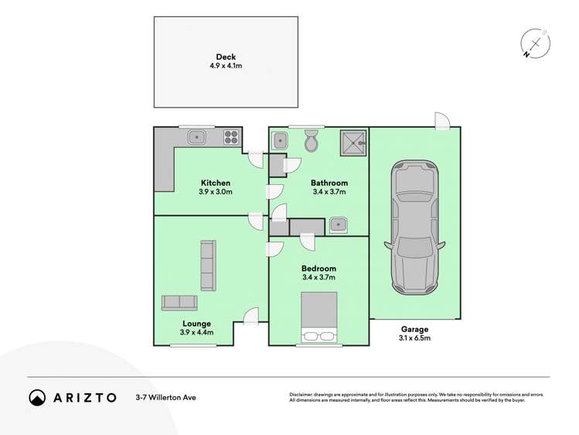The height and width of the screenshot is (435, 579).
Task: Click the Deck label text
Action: pyautogui.click(x=226, y=57)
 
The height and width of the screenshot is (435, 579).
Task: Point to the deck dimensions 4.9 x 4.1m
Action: pyautogui.click(x=226, y=67)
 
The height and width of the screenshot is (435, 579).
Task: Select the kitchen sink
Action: pyautogui.click(x=197, y=138)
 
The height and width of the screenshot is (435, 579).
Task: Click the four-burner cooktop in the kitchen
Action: pyautogui.click(x=231, y=138)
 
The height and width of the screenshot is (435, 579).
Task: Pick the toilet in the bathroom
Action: pyautogui.click(x=312, y=141)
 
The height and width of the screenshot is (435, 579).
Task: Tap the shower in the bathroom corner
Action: pyautogui.click(x=355, y=141)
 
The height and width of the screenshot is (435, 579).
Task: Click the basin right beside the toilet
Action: pyautogui.click(x=281, y=141)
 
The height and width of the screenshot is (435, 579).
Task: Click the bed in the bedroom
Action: pyautogui.click(x=318, y=317)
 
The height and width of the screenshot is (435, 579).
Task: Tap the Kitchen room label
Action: pyautogui.click(x=216, y=183)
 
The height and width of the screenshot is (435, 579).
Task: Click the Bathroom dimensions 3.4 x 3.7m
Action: pyautogui.click(x=329, y=192)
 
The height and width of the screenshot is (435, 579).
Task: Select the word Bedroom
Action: pyautogui.click(x=318, y=269)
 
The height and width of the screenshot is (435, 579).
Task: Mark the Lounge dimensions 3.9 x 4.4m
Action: pyautogui.click(x=196, y=333)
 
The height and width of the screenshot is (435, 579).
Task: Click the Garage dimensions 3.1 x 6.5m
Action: pyautogui.click(x=414, y=338)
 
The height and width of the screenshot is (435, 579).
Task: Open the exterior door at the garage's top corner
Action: pyautogui.click(x=441, y=120)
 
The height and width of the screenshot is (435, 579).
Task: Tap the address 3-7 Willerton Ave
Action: pyautogui.click(x=164, y=398)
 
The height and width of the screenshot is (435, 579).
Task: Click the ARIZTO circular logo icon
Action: pyautogui.click(x=37, y=398)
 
